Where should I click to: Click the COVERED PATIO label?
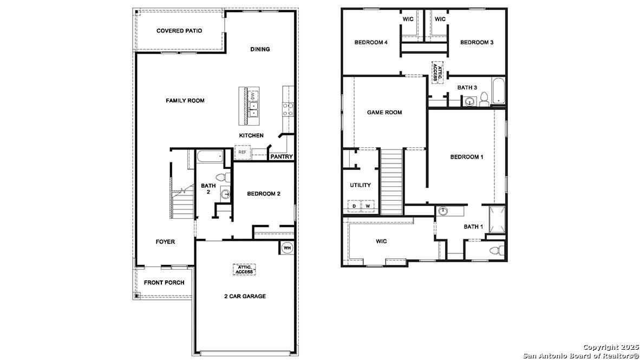click(x=179, y=31)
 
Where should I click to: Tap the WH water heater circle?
click(x=287, y=248)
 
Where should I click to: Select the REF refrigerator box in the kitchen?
click(x=242, y=152)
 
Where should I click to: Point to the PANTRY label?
click(x=282, y=157)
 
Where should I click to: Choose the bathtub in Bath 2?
click(x=210, y=157)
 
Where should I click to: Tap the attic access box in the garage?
click(x=244, y=269)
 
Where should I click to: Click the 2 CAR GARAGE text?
click(x=245, y=296)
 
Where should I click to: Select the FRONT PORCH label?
click(x=164, y=283)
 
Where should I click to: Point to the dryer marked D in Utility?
click(x=354, y=206)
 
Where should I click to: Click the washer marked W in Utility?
click(x=367, y=206)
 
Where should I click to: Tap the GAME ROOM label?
click(x=384, y=113)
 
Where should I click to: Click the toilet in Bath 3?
click(x=484, y=99)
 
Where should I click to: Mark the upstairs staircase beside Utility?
click(x=392, y=182)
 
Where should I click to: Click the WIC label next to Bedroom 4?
click(x=408, y=19)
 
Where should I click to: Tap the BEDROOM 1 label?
click(x=467, y=157)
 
